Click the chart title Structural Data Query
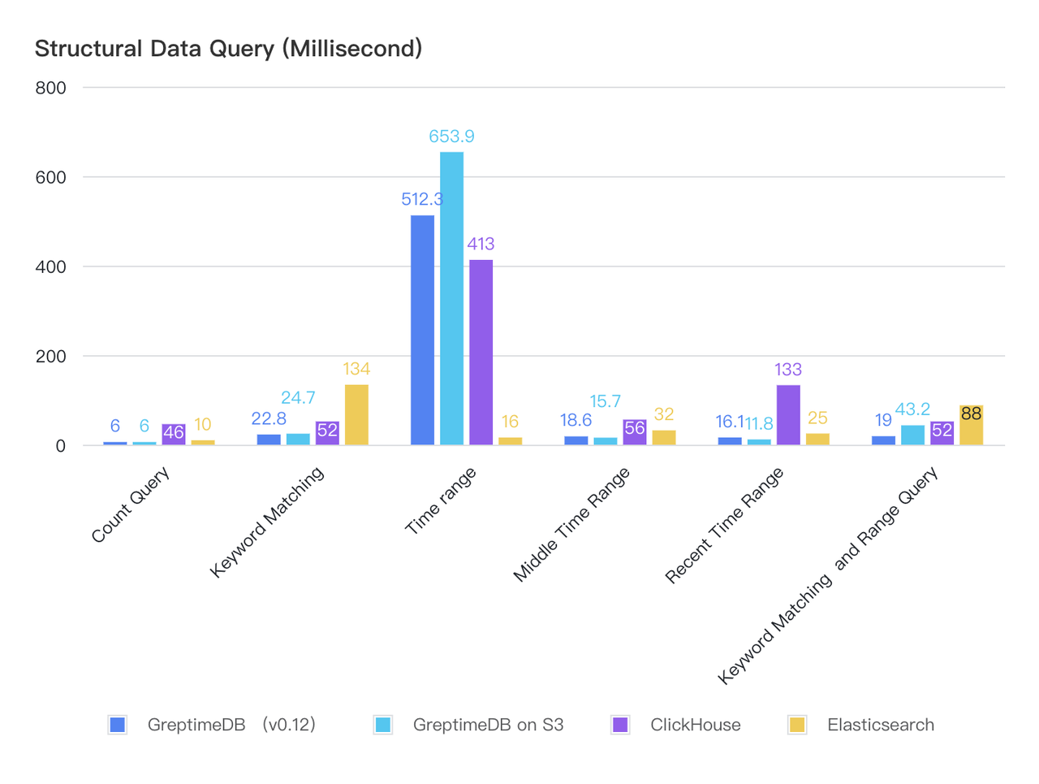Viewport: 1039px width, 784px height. [x=228, y=49]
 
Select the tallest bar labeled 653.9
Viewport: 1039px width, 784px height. [x=451, y=298]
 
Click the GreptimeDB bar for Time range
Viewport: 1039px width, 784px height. [x=422, y=330]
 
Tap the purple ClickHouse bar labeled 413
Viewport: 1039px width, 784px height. [x=481, y=353]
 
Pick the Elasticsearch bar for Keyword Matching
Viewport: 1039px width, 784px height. [x=356, y=414]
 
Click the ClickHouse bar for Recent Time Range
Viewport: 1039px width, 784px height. [x=788, y=415]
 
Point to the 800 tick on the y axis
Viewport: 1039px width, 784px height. [x=50, y=88]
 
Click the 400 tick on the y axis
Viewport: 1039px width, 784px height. [x=50, y=266]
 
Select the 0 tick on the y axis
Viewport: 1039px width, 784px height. [x=60, y=446]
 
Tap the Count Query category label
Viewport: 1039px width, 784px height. [x=131, y=505]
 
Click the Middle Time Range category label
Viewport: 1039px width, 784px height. [x=571, y=525]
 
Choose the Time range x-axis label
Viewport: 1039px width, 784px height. [x=441, y=501]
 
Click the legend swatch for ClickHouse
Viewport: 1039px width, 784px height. [x=620, y=725]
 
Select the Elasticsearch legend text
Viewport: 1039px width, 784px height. [x=880, y=725]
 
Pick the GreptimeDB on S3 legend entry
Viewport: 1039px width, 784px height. [x=487, y=725]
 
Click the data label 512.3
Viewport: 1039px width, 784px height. [x=421, y=199]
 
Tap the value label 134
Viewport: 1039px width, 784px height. [x=356, y=369]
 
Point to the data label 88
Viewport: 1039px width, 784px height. [x=971, y=414]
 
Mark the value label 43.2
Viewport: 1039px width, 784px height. [x=912, y=409]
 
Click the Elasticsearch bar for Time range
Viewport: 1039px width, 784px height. [x=510, y=440]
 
